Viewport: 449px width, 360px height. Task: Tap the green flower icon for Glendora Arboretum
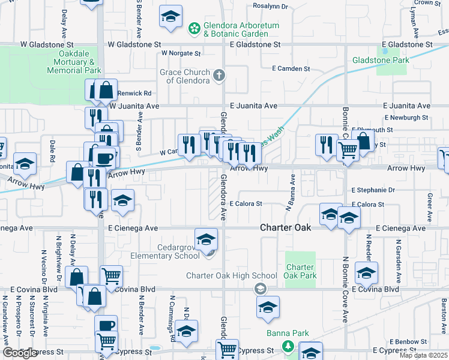[194, 28]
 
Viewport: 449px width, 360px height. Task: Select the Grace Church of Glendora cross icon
[220, 74]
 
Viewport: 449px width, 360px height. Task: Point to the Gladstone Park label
[381, 60]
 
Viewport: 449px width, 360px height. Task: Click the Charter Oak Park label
[300, 271]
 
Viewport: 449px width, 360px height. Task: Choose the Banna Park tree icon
[288, 346]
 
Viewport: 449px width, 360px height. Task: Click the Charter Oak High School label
[223, 276]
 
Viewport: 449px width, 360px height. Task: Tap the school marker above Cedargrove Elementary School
[206, 239]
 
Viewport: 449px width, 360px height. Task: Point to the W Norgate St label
[181, 53]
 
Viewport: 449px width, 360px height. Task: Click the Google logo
[20, 353]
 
